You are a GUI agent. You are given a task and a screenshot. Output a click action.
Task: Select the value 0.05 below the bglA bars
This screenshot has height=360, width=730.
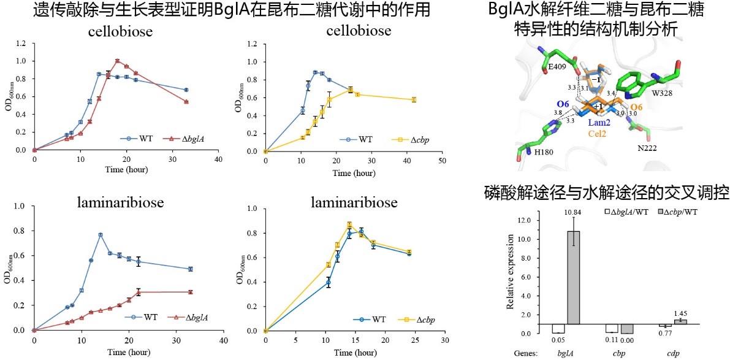coord(557,338)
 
